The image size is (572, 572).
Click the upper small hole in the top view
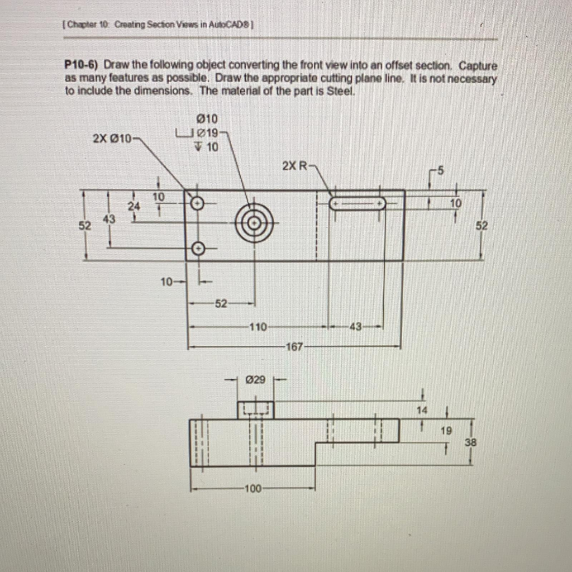point(197,203)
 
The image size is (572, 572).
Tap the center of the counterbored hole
point(254,223)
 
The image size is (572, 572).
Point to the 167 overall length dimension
point(294,347)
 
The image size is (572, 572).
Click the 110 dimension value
point(258,326)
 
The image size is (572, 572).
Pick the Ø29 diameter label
point(255,380)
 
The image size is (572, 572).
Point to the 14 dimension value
point(422,410)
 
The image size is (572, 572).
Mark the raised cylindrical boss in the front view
point(255,409)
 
